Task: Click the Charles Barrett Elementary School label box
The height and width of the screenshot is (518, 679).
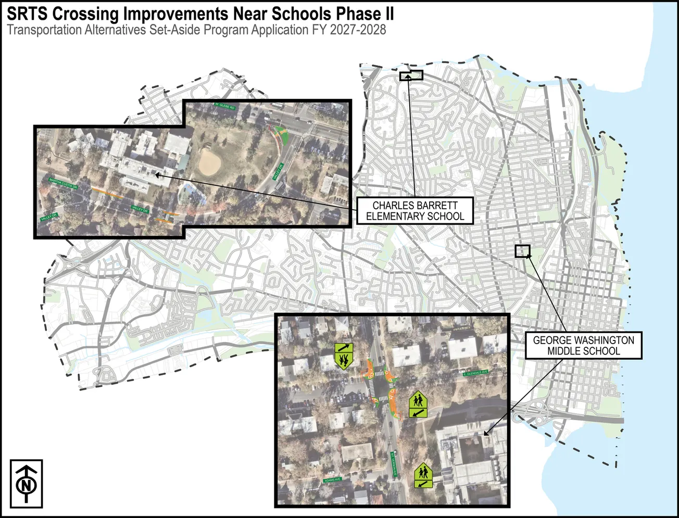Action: [x=415, y=211]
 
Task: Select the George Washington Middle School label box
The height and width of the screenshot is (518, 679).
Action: [x=583, y=346]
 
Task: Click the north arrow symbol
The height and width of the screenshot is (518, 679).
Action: [x=26, y=484]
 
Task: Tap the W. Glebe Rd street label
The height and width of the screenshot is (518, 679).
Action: [x=225, y=106]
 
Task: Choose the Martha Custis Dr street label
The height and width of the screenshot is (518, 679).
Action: [x=63, y=183]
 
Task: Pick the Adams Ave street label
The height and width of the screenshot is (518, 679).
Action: [x=332, y=479]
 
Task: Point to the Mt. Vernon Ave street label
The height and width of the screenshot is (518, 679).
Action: [x=394, y=464]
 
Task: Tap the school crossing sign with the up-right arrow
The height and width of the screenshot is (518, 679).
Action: [x=344, y=355]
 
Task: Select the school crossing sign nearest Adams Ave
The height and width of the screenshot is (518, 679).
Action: [x=423, y=476]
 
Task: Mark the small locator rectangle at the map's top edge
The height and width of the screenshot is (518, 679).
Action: [x=411, y=75]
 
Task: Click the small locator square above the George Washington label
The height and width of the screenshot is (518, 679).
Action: [x=522, y=251]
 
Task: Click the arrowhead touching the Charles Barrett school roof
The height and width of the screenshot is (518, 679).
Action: [x=157, y=175]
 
